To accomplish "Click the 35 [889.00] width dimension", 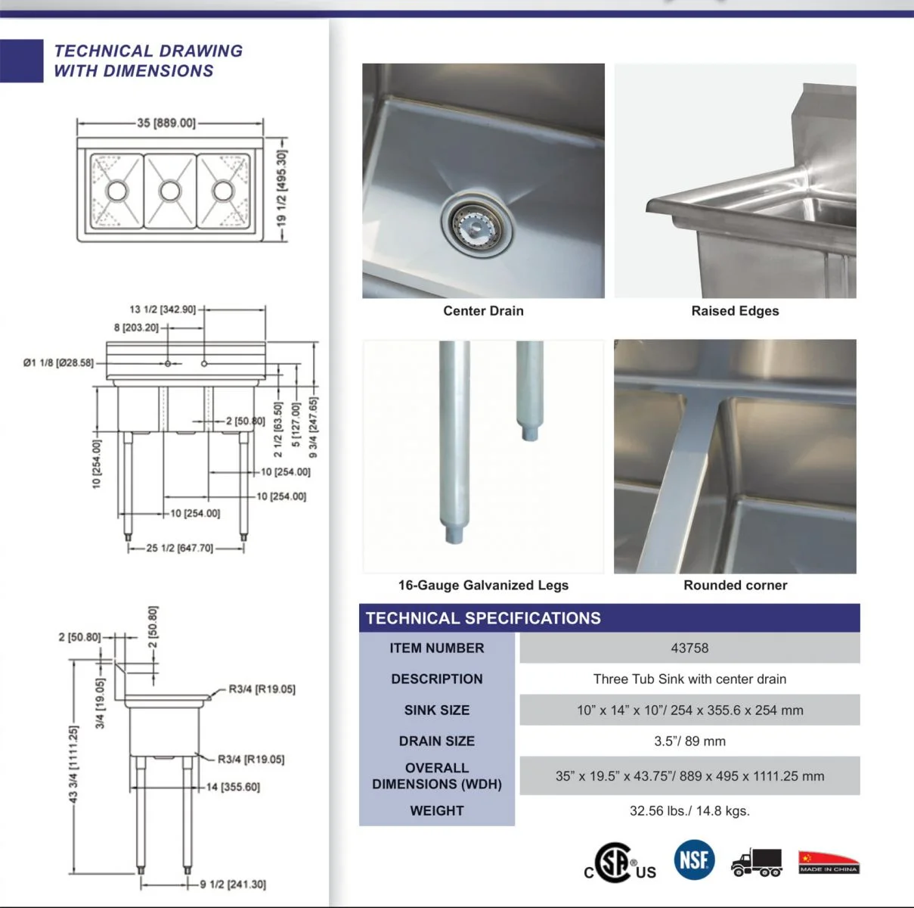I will pos(166,123).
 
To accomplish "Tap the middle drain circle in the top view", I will pos(170,190).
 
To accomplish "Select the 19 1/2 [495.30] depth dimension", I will pos(281,189).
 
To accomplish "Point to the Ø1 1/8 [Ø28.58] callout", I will pos(58,363).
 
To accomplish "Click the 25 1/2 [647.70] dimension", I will pos(180,548).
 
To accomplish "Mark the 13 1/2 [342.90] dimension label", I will pos(163,309).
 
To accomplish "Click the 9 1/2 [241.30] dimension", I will pos(233,884).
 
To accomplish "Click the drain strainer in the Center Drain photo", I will pos(477,223).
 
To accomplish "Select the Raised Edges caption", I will pos(735,311).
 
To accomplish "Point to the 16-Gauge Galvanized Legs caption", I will pos(483,585).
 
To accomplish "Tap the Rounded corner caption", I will pos(735,585).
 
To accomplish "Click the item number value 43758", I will pos(689,648).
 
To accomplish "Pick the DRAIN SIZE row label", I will pos(437,741).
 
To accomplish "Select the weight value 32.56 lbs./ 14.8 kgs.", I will pos(689,810).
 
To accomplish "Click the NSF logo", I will pos(694,860).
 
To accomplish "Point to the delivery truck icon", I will pos(757,862).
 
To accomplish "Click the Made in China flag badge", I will pos(829,862).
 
